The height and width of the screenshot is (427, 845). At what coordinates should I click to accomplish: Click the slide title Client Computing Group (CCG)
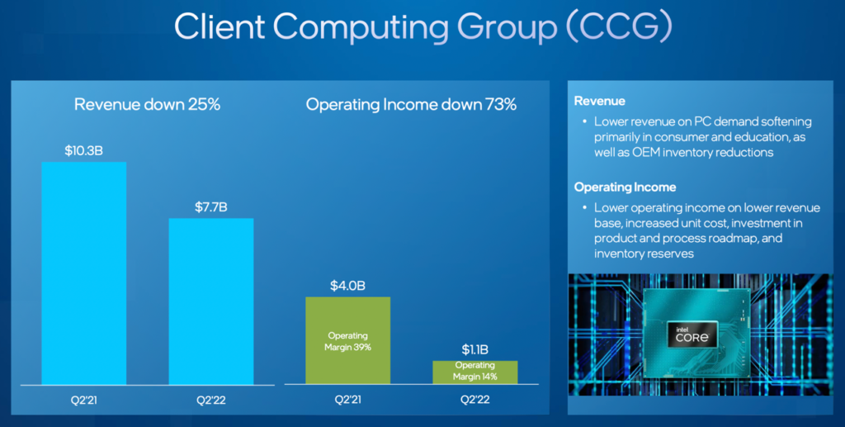click(x=422, y=26)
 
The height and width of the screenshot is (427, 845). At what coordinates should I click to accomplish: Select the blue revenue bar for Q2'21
click(x=83, y=273)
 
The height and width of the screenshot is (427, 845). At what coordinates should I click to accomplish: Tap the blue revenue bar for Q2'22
click(x=211, y=301)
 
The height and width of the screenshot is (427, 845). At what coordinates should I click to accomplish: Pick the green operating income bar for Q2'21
click(x=347, y=340)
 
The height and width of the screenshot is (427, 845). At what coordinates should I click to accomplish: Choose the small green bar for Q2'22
click(x=474, y=372)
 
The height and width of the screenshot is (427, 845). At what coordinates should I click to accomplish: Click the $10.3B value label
click(x=83, y=151)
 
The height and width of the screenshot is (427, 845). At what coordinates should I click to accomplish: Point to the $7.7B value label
click(x=211, y=207)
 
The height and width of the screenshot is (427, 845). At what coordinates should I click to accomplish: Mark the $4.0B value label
click(x=347, y=286)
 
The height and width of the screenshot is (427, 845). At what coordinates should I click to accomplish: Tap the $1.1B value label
click(x=474, y=349)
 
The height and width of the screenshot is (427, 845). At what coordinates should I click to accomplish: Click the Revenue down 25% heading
click(x=148, y=105)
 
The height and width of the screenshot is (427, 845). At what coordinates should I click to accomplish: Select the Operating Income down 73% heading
click(x=411, y=105)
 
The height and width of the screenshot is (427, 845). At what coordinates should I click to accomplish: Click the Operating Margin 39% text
click(x=347, y=342)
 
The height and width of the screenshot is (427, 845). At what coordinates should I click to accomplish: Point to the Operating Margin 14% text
click(x=474, y=371)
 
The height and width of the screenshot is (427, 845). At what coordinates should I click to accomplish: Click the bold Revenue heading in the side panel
click(x=600, y=101)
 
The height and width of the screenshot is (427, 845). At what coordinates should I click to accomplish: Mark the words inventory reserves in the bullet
click(x=644, y=253)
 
